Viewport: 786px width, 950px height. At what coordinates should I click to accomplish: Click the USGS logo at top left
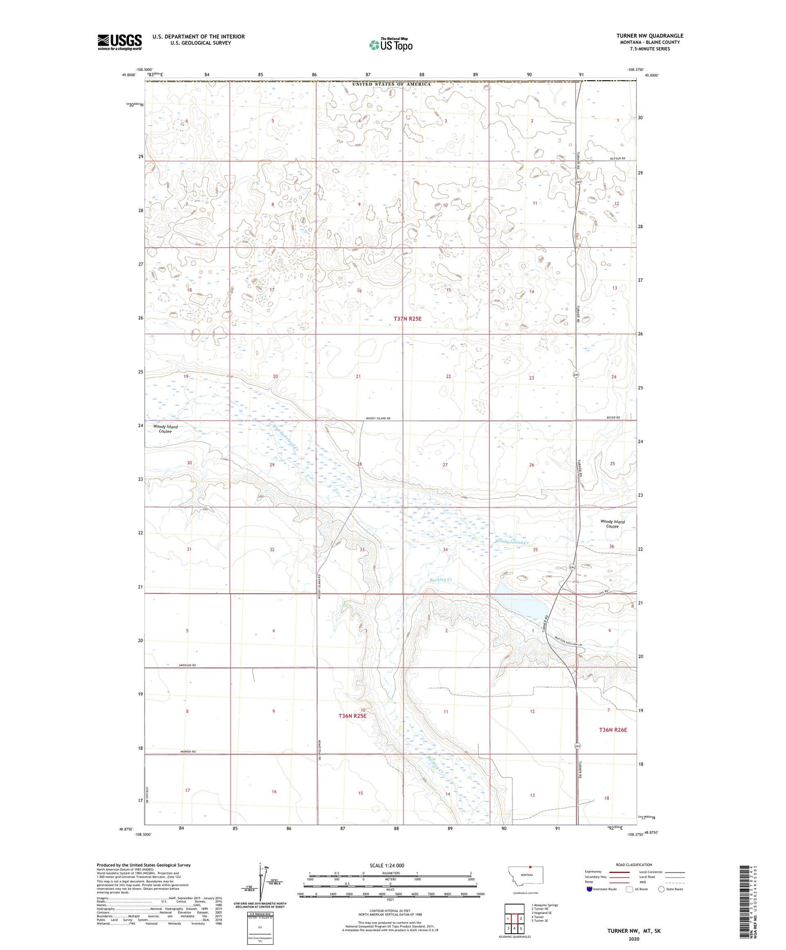point(119,42)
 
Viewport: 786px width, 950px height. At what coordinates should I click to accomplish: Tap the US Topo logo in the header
point(390,45)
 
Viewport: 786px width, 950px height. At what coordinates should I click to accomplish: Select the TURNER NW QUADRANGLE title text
point(649,36)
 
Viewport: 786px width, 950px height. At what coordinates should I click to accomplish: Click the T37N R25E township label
point(407,318)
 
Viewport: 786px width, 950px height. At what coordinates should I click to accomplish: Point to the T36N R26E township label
point(613,729)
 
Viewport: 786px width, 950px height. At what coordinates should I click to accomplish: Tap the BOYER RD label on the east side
point(613,417)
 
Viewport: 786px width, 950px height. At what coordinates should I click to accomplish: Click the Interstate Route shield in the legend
point(589,889)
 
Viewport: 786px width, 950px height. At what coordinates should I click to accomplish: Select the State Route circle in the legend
point(661,889)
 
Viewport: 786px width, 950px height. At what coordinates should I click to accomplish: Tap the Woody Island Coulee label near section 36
point(612,524)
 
